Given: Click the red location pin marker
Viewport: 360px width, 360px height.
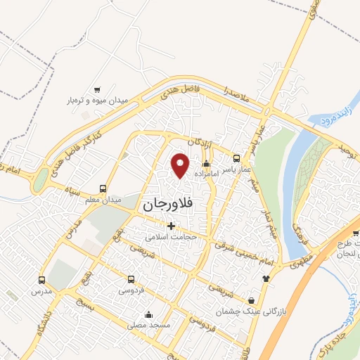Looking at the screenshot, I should (181, 165).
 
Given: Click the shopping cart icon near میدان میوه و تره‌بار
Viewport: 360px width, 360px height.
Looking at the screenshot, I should (97, 89).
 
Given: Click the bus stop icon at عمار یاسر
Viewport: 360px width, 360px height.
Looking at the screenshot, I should (236, 158).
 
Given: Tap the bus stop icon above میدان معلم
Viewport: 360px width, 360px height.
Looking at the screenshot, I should (103, 188).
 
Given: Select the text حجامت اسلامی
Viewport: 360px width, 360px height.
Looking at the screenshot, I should (170, 238).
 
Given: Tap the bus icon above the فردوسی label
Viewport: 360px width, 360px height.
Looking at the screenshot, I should (131, 279).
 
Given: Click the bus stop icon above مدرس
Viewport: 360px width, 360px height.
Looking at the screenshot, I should (41, 279).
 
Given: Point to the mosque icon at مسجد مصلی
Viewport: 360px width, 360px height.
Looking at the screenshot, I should (148, 314).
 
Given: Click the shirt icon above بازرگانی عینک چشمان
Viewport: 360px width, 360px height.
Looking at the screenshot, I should (266, 278).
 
